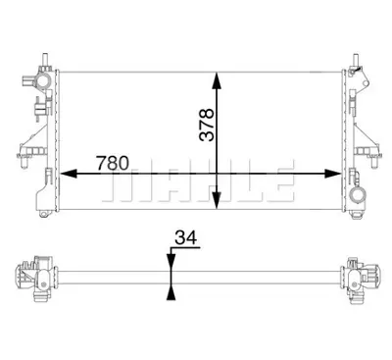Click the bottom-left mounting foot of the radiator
coord(45,207)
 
